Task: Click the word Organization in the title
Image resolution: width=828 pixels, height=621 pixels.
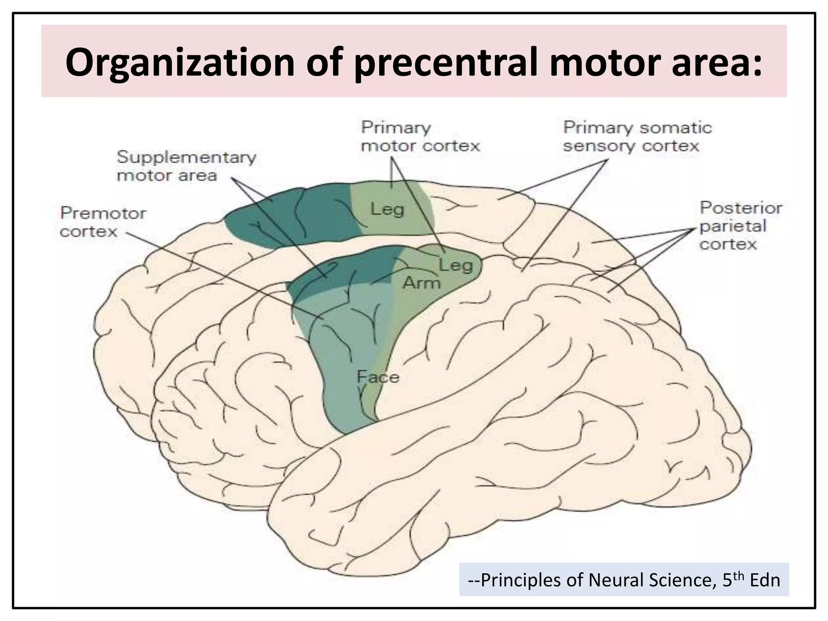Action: (180, 63)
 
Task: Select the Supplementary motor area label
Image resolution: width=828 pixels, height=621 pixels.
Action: (186, 166)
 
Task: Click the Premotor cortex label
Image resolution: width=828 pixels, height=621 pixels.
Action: (103, 222)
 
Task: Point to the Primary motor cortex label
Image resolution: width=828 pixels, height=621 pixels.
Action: (420, 136)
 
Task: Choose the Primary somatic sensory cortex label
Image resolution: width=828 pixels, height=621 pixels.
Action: (637, 136)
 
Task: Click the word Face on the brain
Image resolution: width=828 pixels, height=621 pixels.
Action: (378, 377)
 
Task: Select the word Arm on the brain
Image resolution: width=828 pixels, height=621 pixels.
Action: (421, 283)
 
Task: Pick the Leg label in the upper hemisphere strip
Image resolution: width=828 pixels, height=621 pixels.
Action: (387, 209)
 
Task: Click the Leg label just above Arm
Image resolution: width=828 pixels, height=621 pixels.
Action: (455, 265)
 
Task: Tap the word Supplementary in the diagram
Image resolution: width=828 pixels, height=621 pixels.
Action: (186, 157)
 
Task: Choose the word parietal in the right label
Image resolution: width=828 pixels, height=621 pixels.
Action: (732, 226)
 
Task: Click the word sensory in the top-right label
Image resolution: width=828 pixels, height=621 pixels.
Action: (599, 146)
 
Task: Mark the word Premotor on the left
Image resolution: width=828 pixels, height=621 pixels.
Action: (103, 213)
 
